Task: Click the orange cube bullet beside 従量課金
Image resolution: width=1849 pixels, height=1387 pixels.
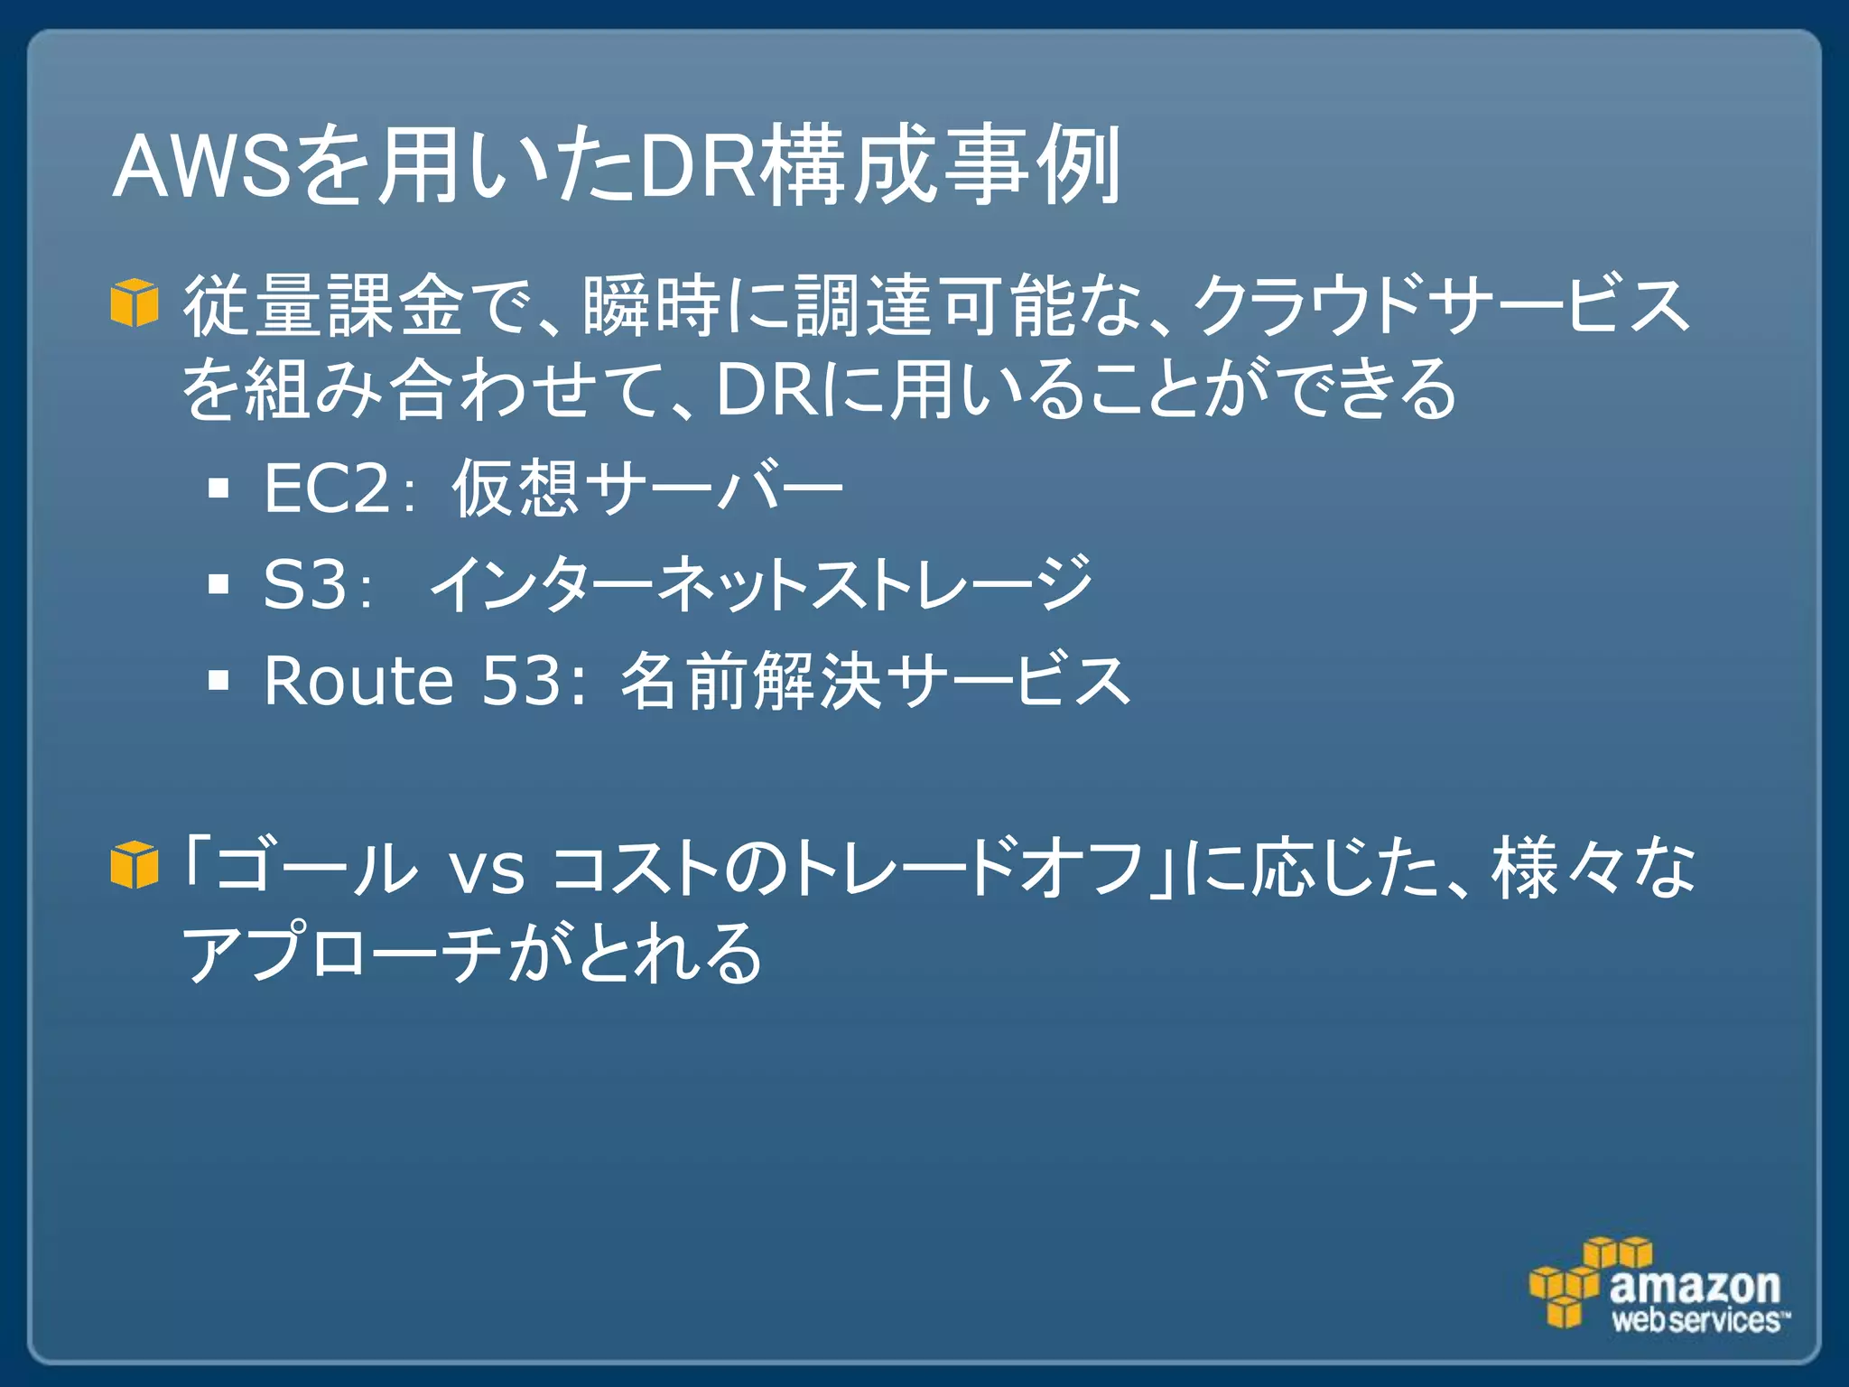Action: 135,303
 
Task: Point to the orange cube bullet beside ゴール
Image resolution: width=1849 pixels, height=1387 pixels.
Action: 135,865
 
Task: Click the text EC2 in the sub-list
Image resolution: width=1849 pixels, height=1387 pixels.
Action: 327,489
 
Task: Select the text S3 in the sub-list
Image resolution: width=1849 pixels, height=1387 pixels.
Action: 305,584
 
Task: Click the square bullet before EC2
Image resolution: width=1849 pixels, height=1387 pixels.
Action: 218,489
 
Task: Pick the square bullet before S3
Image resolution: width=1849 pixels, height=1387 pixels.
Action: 218,584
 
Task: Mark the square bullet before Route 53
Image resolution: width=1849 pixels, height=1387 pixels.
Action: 218,680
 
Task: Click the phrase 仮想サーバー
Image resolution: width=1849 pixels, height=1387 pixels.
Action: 646,489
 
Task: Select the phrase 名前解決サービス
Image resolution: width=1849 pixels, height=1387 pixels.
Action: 874,680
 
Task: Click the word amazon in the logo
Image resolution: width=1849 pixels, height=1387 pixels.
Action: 1695,1284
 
